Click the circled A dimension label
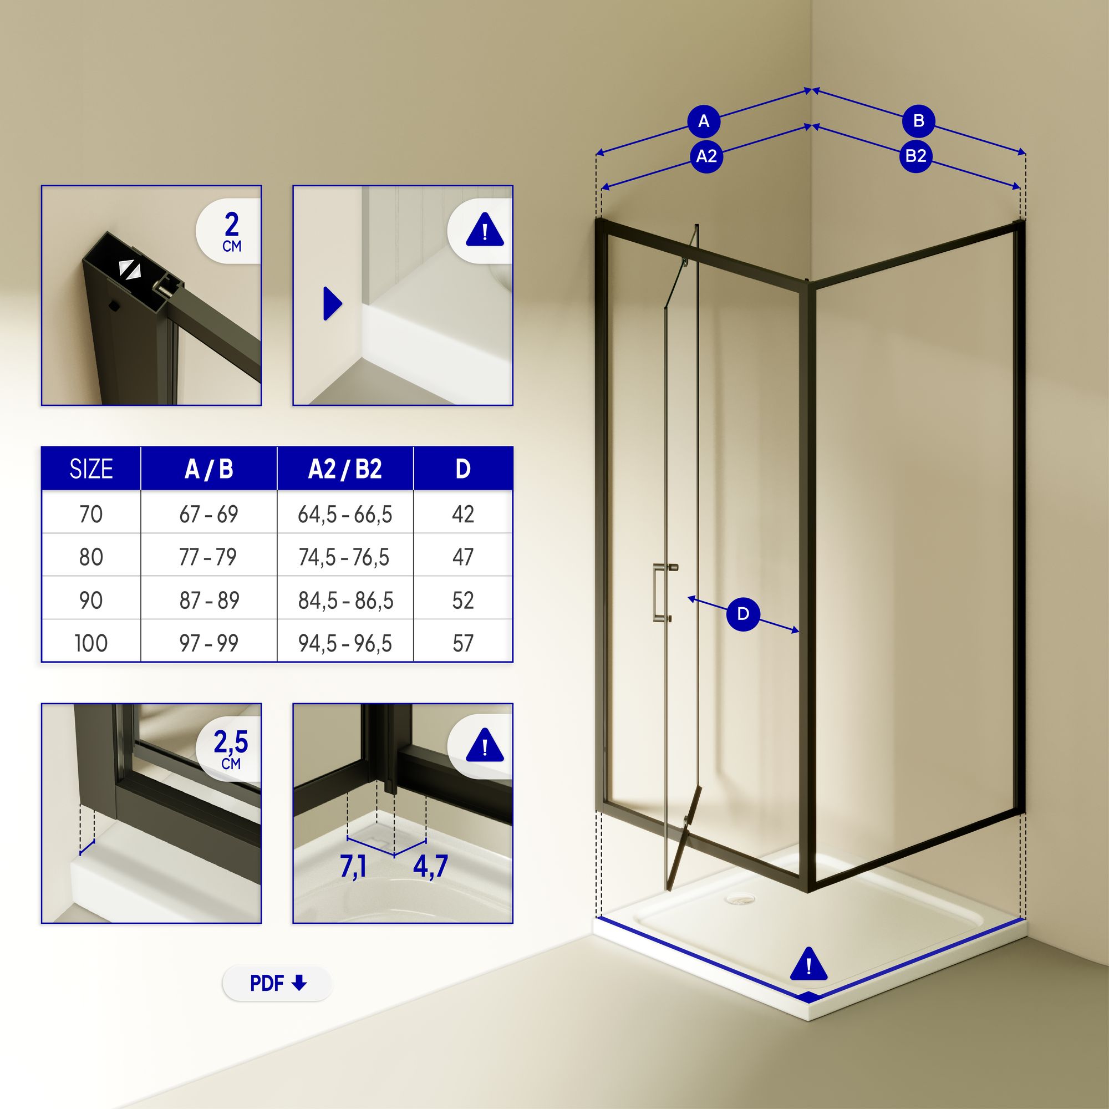(704, 121)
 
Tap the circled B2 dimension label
(915, 156)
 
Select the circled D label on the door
(743, 614)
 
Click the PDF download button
(277, 983)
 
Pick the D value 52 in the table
(462, 601)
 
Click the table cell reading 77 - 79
(208, 557)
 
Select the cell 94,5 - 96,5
(345, 643)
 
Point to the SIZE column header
(91, 469)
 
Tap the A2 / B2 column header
(345, 469)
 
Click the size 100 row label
(91, 643)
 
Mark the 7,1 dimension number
(353, 867)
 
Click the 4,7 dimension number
(430, 866)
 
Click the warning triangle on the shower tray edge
(808, 964)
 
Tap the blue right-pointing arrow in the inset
(332, 303)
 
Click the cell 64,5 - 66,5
(345, 515)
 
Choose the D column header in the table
(462, 469)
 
